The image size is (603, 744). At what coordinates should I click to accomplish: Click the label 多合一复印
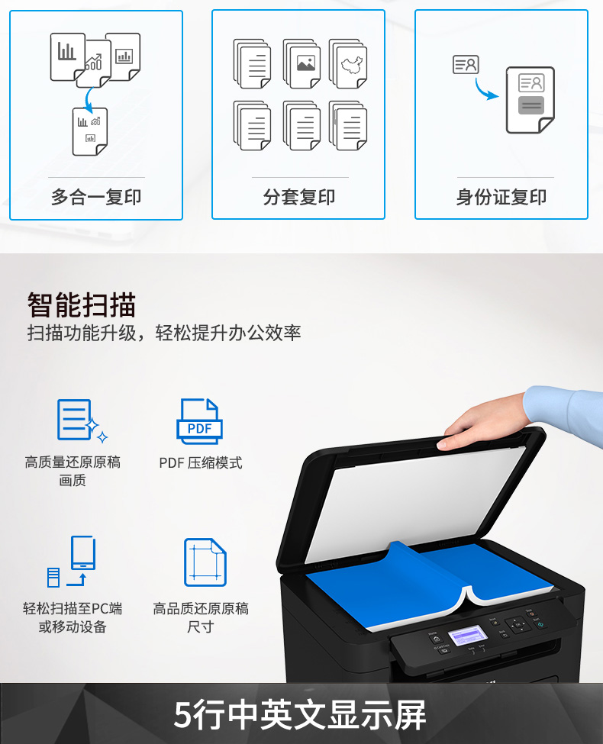(x=96, y=197)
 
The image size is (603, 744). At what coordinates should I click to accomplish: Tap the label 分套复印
(x=299, y=197)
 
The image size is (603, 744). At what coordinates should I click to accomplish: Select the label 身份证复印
(x=501, y=197)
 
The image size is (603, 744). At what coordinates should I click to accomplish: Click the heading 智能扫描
(x=81, y=304)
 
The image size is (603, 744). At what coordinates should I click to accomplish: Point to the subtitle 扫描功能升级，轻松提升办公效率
(x=164, y=333)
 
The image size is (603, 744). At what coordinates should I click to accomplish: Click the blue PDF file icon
(x=199, y=421)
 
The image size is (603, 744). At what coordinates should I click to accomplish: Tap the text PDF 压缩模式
(x=201, y=462)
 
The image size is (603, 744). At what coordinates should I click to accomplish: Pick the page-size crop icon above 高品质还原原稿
(x=205, y=562)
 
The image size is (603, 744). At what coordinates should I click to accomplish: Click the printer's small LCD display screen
(x=468, y=636)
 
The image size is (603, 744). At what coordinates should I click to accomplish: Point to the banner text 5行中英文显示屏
(x=300, y=714)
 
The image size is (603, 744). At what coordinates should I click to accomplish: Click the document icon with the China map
(x=349, y=63)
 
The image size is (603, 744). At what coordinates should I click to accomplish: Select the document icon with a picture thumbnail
(x=302, y=63)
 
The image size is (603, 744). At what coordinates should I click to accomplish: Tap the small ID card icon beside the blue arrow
(x=466, y=65)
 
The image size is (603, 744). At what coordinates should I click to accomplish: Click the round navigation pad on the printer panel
(x=518, y=624)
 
